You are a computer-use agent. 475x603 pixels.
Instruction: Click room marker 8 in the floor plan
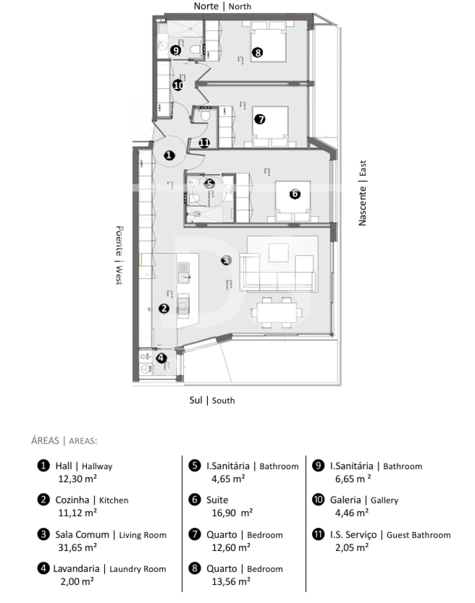pos(257,52)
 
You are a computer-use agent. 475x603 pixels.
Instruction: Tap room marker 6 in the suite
pos(295,193)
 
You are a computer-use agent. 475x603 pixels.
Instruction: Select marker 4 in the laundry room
pos(161,358)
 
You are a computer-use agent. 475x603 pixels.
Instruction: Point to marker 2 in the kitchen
pos(164,308)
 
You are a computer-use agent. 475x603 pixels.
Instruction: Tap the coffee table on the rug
pos(279,253)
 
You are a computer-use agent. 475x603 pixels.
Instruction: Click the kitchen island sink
pos(184,272)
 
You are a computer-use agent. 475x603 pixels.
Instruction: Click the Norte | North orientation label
pos(222,6)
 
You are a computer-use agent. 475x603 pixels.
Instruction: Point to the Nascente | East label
pos(362,193)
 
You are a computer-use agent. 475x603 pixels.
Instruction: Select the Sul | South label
pos(212,400)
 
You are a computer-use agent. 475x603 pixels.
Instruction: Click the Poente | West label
pos(119,255)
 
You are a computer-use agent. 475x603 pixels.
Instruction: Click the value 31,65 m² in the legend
pos(77,547)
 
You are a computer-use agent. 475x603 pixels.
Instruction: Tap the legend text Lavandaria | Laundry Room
pos(109,569)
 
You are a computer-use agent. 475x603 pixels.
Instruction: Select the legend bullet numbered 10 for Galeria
pos(318,500)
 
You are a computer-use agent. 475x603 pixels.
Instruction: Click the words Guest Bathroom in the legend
pos(418,535)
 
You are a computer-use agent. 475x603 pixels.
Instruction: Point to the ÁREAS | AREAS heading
pos(64,441)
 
